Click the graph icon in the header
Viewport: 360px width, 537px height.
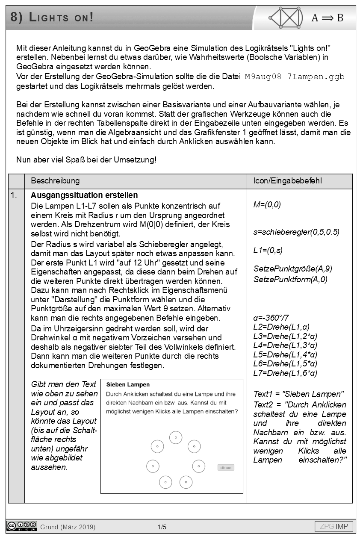[286, 18]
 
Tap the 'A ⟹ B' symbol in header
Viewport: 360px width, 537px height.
[327, 18]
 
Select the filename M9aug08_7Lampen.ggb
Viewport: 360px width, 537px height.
[295, 77]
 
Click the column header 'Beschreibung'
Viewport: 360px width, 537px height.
[55, 181]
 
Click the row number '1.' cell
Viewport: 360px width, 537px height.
[15, 196]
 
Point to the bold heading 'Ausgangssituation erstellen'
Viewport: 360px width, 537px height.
[84, 196]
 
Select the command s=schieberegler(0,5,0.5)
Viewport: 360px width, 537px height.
[296, 232]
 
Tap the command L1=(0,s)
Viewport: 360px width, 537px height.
[268, 250]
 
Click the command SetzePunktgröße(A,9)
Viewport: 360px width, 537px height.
[293, 268]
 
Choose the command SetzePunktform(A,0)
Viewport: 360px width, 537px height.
[290, 279]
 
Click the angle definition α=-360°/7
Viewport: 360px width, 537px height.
[271, 318]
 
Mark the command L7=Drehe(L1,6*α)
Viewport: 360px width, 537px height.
[285, 373]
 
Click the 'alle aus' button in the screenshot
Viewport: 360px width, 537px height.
[226, 467]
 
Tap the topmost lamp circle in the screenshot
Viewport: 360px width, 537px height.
[176, 437]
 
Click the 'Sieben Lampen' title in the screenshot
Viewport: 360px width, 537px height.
[128, 385]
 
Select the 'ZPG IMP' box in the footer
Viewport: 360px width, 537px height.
[334, 526]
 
